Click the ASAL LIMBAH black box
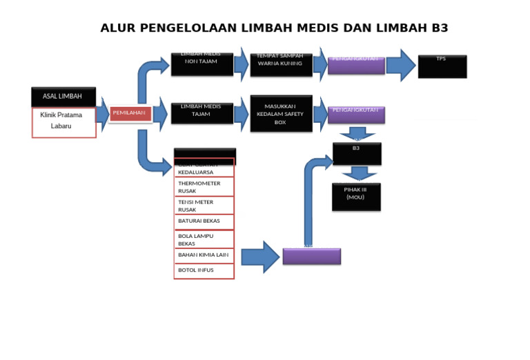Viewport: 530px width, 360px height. (63, 97)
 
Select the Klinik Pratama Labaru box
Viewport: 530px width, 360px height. (63, 122)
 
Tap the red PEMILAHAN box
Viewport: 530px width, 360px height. (130, 114)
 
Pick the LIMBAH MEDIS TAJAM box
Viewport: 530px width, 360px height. (201, 112)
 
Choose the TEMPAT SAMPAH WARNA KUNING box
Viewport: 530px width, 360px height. (280, 64)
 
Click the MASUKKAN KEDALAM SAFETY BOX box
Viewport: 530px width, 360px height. (280, 114)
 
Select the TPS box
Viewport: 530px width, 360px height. (442, 66)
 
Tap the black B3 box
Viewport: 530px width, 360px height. (356, 153)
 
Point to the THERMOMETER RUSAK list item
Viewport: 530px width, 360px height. (204, 187)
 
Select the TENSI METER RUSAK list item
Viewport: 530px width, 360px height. (204, 206)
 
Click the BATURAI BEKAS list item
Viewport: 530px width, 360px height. (204, 221)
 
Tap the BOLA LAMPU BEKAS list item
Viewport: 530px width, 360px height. (204, 239)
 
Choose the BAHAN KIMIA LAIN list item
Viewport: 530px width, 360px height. (204, 255)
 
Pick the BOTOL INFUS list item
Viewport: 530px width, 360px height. (204, 270)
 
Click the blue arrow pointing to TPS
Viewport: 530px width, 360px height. (400, 65)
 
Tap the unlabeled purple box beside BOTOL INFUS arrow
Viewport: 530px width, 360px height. (311, 257)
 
